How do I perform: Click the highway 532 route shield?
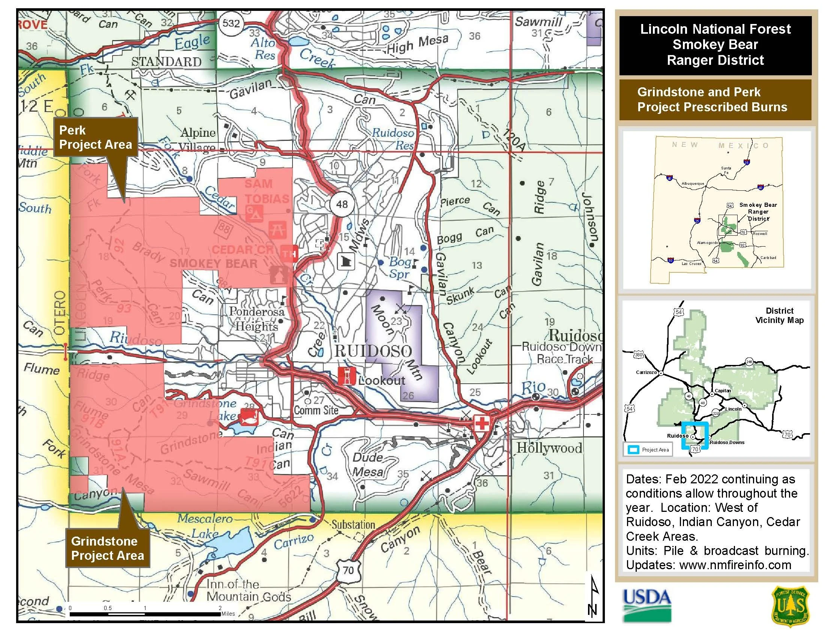click(231, 23)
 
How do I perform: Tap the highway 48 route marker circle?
click(342, 204)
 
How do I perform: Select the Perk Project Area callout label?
click(96, 138)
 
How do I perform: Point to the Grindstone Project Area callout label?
click(108, 548)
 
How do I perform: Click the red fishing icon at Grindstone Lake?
click(249, 417)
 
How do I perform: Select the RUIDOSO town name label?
click(373, 351)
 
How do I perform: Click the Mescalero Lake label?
click(205, 526)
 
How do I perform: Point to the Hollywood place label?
click(549, 448)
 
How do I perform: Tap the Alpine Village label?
click(198, 140)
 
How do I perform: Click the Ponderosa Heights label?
click(256, 319)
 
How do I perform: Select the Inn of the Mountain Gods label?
click(249, 591)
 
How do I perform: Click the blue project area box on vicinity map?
click(694, 435)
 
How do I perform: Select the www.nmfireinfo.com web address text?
click(735, 565)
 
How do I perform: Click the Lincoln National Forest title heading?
click(715, 45)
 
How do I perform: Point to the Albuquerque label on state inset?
click(693, 184)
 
